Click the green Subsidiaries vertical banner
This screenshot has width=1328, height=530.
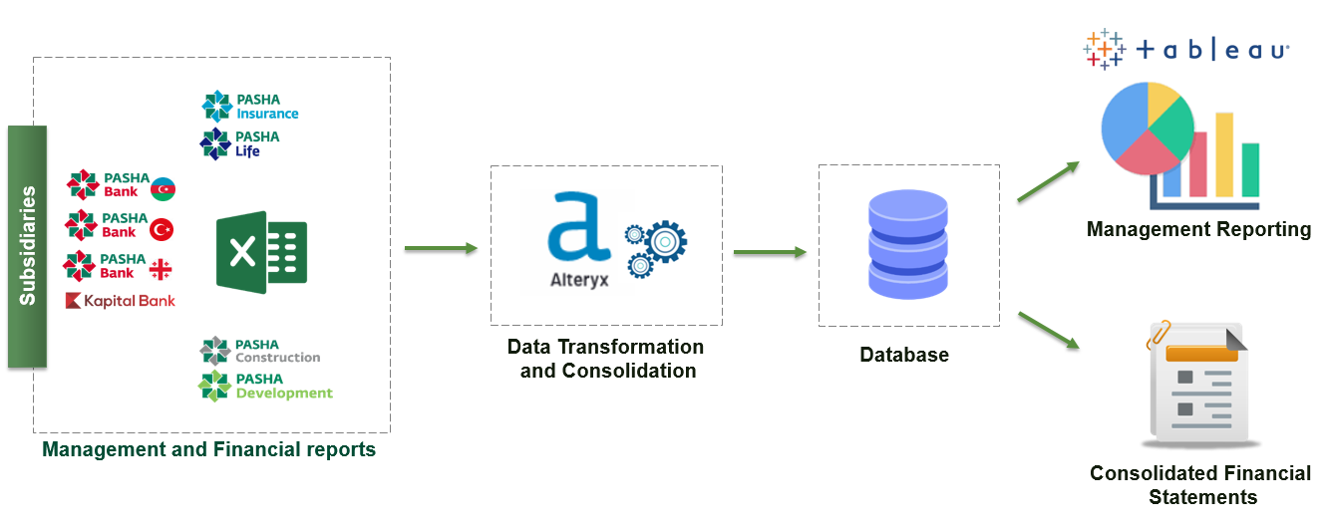tap(27, 246)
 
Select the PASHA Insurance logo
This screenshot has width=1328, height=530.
tap(250, 107)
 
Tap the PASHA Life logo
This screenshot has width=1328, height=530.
tap(239, 143)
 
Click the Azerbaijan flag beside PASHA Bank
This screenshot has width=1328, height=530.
tap(163, 188)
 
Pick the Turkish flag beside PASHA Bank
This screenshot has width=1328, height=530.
tap(162, 229)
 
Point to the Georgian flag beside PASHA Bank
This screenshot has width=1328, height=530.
tap(161, 269)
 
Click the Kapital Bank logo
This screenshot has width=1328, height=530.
tap(120, 301)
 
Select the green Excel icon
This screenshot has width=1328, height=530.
tap(261, 252)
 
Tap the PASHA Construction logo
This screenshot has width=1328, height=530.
tap(259, 352)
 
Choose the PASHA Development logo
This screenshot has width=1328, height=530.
tap(265, 387)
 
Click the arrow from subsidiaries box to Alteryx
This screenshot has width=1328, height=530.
tap(441, 248)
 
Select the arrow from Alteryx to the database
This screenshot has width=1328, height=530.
tap(770, 252)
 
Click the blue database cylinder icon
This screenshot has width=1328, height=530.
tap(908, 245)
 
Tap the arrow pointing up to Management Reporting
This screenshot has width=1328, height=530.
tap(1048, 180)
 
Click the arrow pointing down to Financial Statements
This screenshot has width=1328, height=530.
tap(1048, 330)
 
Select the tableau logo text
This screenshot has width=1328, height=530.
tap(1211, 50)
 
